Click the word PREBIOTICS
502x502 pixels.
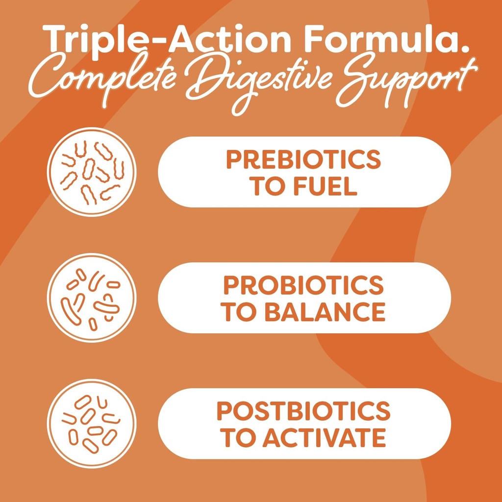303,159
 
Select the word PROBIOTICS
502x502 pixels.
303,285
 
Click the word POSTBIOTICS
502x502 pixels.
303,411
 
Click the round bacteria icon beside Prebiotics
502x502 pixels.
92,172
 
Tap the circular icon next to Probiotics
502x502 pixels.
92,298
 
